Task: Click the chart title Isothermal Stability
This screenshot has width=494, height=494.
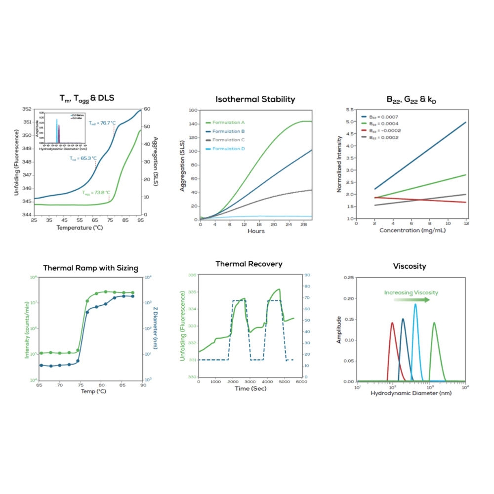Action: (255, 99)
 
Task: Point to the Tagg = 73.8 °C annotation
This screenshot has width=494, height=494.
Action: (96, 193)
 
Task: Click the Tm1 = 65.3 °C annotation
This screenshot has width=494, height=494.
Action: (83, 159)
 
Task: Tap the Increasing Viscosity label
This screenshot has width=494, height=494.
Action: (411, 292)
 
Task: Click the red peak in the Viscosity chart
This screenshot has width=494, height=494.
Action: (393, 324)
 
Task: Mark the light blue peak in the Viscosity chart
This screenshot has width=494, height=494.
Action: (415, 305)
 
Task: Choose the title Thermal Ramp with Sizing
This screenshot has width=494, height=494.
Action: (90, 268)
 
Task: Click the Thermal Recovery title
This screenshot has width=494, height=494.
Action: (249, 264)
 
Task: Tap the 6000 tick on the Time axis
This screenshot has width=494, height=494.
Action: (299, 382)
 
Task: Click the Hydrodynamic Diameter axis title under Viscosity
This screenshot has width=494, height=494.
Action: (411, 393)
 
